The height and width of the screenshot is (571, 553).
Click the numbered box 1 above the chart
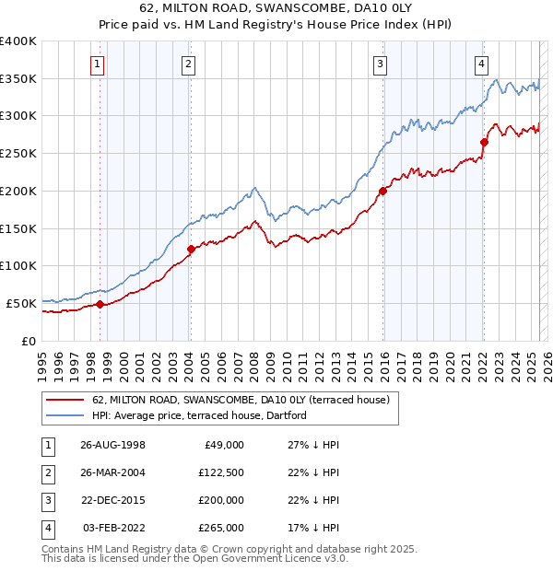tap(98, 64)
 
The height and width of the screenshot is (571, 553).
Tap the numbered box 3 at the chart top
tap(380, 64)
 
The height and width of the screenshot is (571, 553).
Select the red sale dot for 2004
tap(191, 249)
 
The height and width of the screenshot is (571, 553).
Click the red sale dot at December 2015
tap(382, 191)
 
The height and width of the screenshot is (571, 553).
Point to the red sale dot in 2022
tap(484, 142)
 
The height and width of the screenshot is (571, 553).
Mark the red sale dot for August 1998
tap(100, 304)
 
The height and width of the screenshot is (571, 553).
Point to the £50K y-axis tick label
tap(21, 303)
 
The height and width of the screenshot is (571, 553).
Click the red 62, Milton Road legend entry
tap(241, 400)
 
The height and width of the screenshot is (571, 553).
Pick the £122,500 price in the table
tap(221, 472)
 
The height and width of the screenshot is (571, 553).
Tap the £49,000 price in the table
tap(224, 445)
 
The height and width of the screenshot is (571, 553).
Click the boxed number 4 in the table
tap(46, 529)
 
